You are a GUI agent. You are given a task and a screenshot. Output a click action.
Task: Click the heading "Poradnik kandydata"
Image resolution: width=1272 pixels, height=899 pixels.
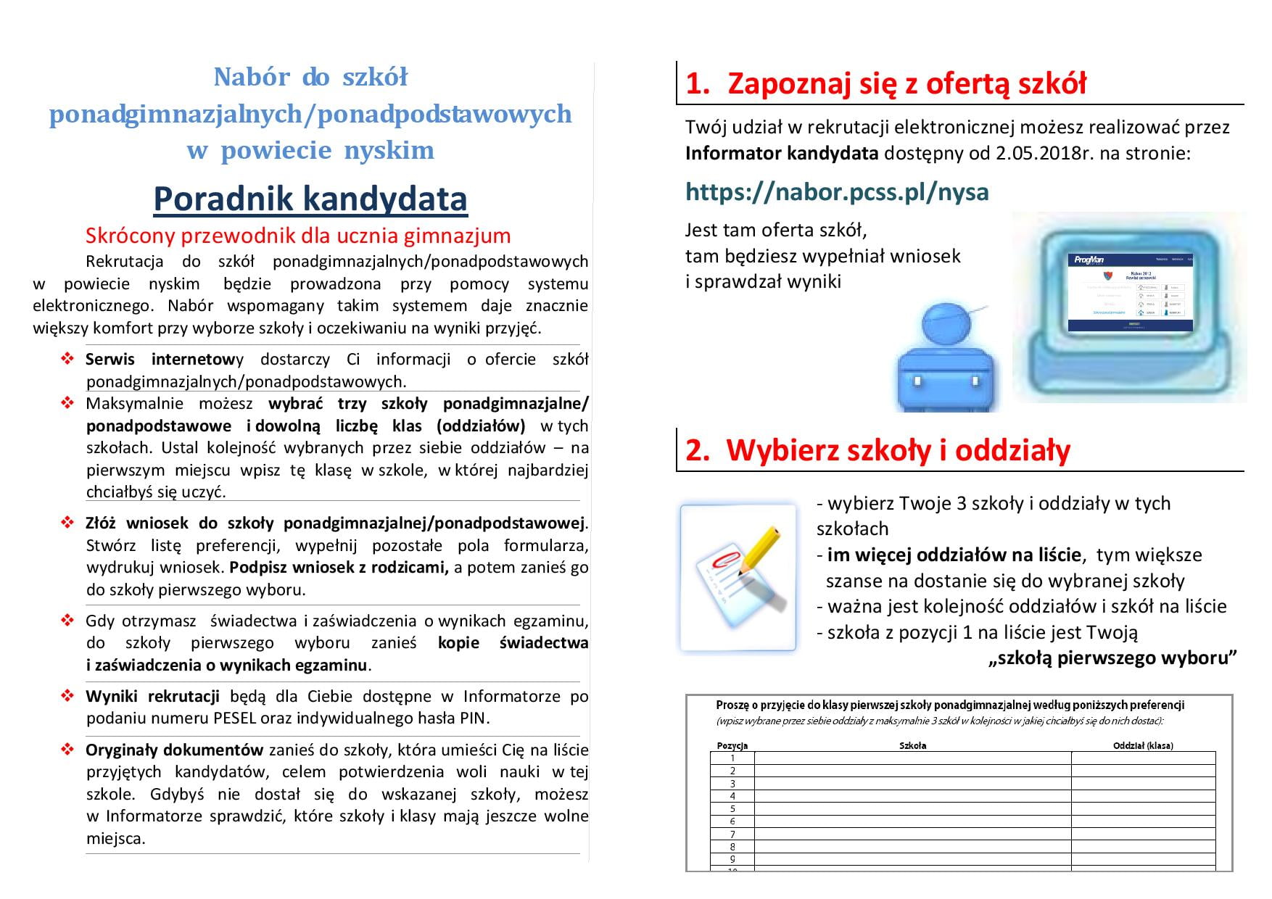point(310,199)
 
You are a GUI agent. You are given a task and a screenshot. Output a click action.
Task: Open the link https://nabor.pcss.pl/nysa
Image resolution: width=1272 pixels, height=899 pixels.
point(837,192)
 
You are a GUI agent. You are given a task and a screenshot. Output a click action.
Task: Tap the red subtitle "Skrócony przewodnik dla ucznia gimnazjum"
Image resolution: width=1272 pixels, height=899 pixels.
point(298,236)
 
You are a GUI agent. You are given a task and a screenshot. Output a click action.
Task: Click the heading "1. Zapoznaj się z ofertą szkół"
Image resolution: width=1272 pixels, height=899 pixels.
point(885,84)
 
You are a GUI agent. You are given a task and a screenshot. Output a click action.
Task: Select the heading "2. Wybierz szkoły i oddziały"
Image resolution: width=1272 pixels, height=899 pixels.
point(877,450)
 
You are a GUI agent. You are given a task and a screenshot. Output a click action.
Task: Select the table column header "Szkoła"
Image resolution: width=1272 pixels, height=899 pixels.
point(912,745)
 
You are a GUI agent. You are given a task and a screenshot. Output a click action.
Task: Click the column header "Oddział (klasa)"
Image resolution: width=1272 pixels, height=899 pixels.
point(1143,745)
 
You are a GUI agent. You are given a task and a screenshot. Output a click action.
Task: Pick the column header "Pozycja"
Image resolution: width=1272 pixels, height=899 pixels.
point(732,745)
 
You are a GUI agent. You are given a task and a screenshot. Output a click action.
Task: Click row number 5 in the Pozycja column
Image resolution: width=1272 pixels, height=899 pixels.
point(732,808)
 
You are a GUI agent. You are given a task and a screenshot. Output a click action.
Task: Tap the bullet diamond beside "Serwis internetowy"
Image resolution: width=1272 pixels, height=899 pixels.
point(67,359)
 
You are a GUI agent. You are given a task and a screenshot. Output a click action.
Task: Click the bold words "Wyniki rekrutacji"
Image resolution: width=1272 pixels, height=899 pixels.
point(152,697)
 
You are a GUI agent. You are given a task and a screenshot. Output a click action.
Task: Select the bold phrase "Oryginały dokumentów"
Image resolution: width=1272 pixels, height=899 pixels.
point(174,750)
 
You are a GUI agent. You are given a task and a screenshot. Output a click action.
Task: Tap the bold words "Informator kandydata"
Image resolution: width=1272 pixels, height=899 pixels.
point(782,154)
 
